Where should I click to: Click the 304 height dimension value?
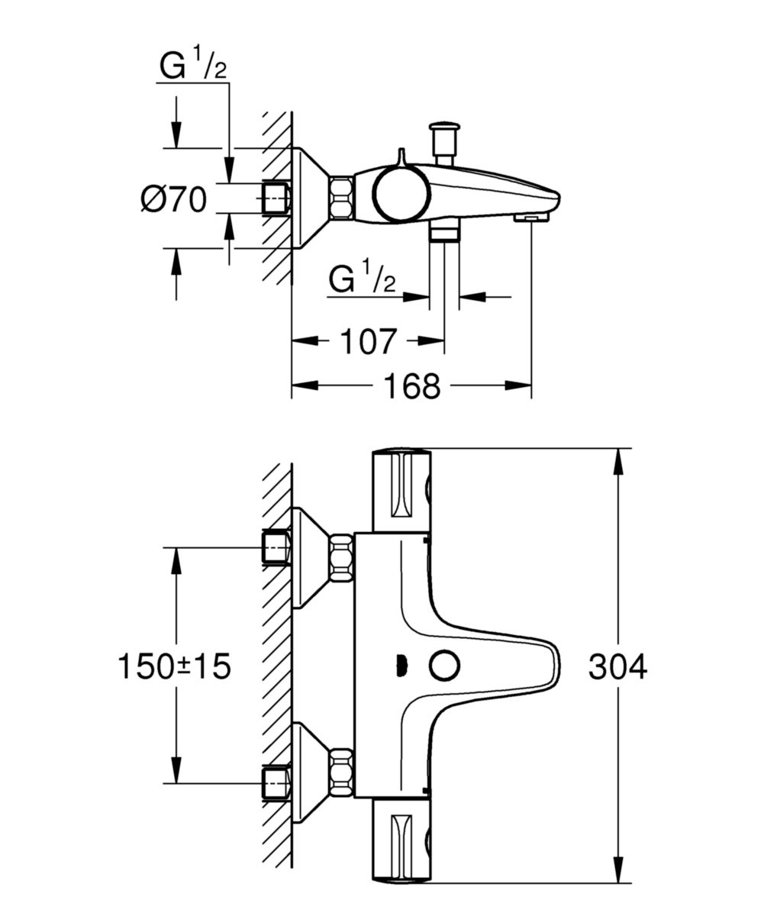pyautogui.click(x=617, y=666)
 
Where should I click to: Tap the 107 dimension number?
pyautogui.click(x=367, y=341)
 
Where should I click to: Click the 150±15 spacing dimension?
pyautogui.click(x=174, y=666)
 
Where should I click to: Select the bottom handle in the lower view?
pyautogui.click(x=401, y=840)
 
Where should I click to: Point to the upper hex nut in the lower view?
pyautogui.click(x=340, y=558)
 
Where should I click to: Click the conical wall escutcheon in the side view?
pyautogui.click(x=310, y=198)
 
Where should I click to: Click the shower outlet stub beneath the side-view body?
pyautogui.click(x=443, y=232)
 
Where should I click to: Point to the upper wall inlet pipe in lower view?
pyautogui.click(x=276, y=547)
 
